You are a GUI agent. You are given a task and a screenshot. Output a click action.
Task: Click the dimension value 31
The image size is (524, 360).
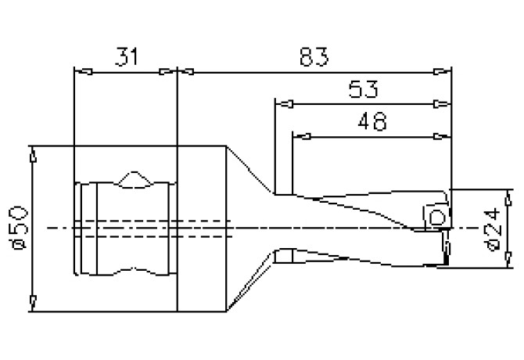[x=127, y=56]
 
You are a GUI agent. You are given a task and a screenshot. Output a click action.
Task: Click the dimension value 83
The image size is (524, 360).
[x=314, y=56]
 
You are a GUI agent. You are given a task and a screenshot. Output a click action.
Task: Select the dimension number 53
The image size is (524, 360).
[x=363, y=89]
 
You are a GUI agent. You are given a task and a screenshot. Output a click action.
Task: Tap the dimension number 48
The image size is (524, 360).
[x=372, y=121]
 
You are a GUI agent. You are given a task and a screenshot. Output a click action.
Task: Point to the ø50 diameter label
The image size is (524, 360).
[x=20, y=228]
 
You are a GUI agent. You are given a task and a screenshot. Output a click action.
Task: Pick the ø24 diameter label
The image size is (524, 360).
[x=493, y=229]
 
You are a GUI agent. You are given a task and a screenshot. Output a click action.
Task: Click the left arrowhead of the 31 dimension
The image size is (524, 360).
[x=83, y=71]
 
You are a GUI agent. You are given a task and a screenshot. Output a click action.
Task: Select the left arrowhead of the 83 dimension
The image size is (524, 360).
[x=186, y=71]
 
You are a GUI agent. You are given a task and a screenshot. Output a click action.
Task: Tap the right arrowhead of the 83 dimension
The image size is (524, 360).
[x=442, y=71]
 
